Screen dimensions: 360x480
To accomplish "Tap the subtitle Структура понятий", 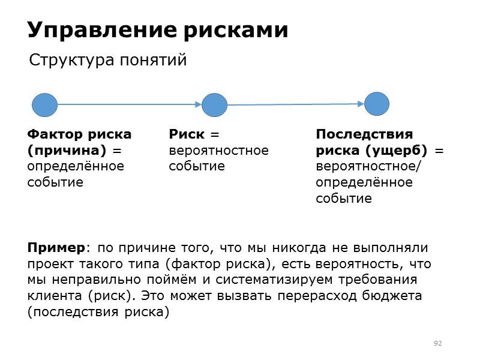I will point(108,61).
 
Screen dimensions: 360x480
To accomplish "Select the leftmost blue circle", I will point(44,105).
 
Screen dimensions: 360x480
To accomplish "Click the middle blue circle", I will point(214,105).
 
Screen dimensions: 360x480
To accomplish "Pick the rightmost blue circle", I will point(377,104).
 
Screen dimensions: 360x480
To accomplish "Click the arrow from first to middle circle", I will point(129,104).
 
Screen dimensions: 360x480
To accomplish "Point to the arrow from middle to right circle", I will point(295,104).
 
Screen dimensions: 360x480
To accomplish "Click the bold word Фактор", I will point(55,134).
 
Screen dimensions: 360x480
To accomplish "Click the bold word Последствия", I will point(364,134).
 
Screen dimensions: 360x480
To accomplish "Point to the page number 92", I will point(437,343).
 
